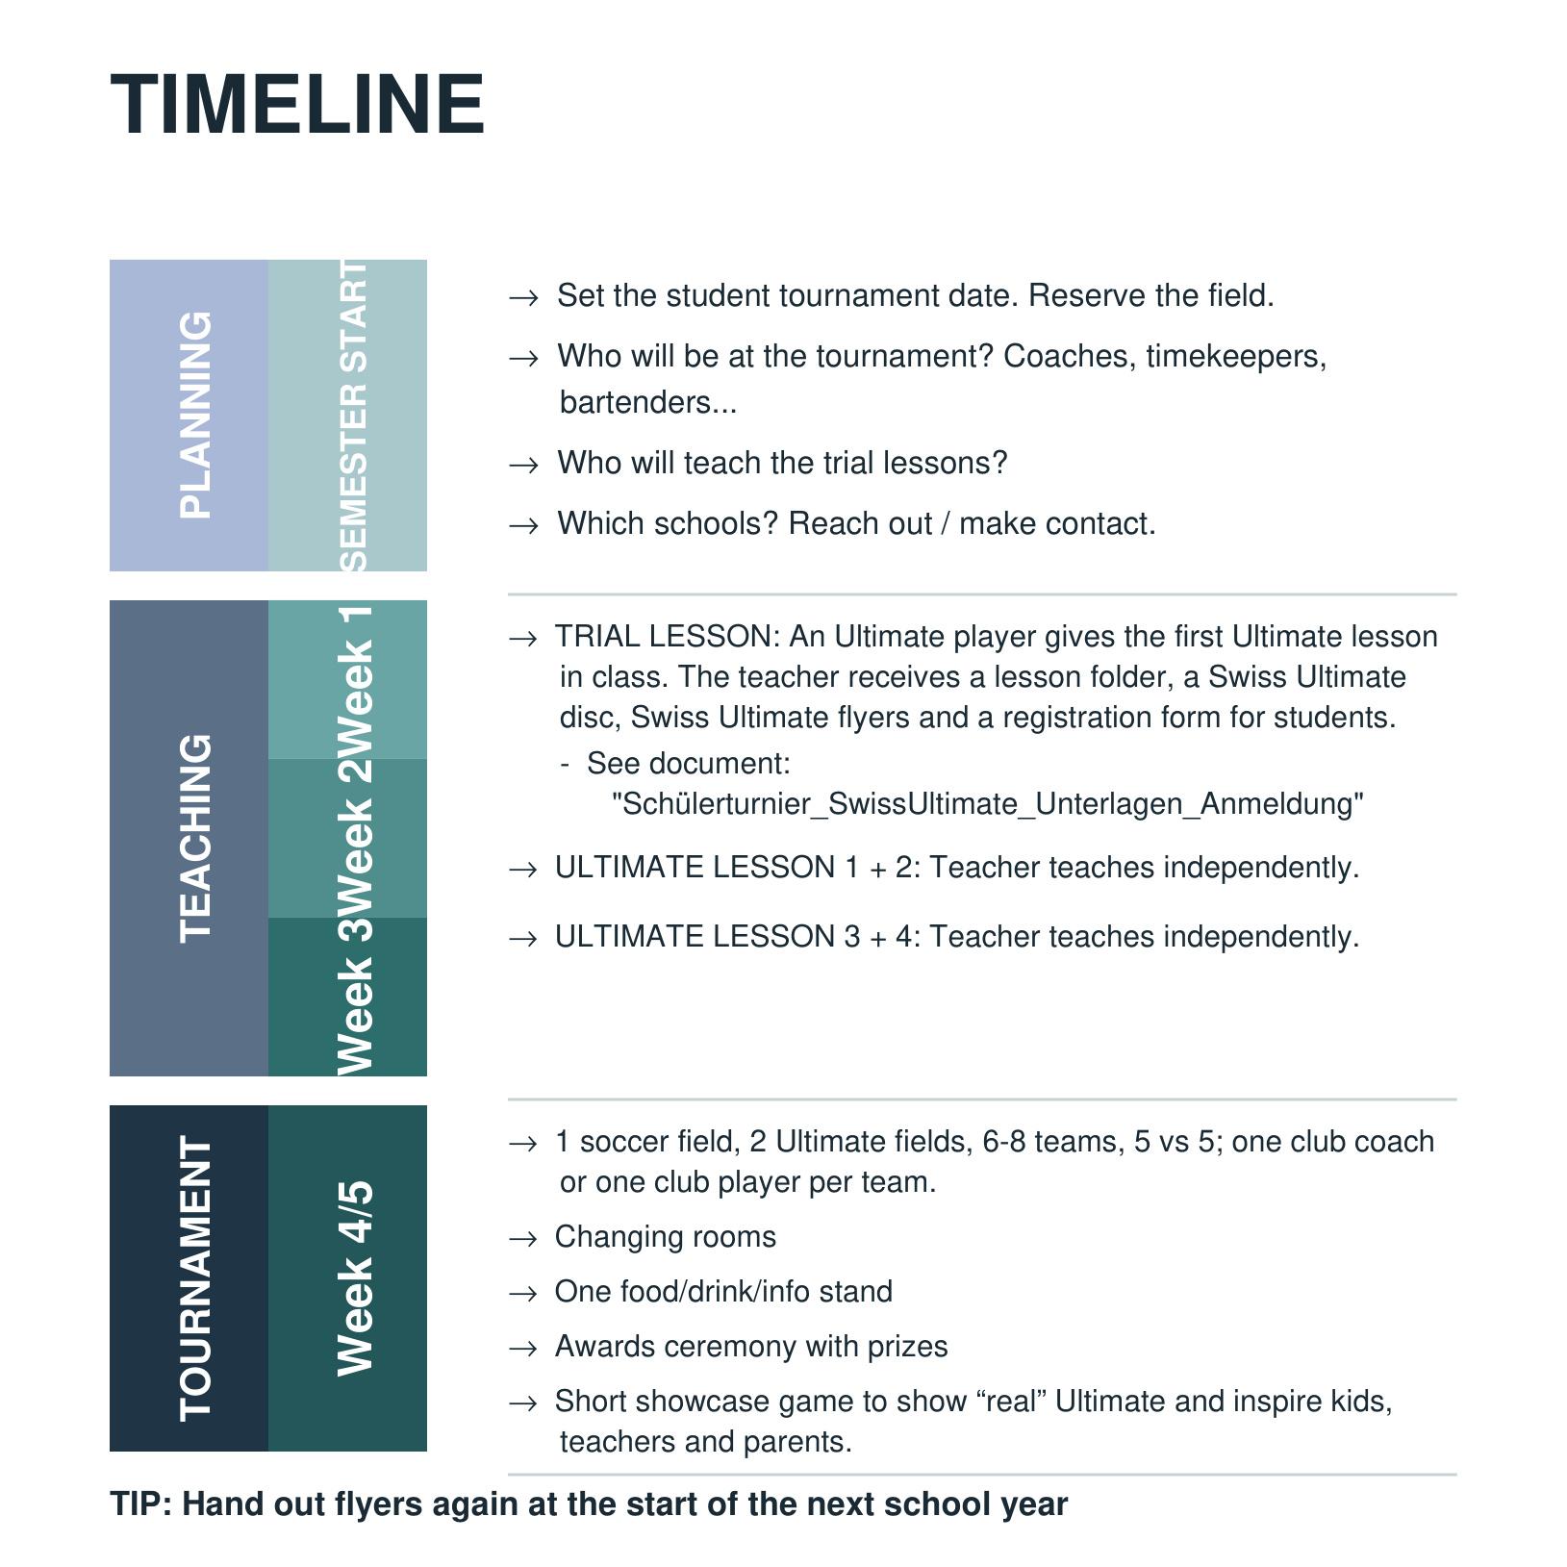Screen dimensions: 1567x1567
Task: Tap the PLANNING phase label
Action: pyautogui.click(x=196, y=415)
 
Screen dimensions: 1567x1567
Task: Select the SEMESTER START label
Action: pyautogui.click(x=354, y=415)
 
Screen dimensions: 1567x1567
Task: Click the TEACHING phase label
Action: pyautogui.click(x=196, y=838)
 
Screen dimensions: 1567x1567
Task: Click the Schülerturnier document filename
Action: pyautogui.click(x=988, y=804)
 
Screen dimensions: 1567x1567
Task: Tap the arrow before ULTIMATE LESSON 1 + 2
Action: pyautogui.click(x=522, y=870)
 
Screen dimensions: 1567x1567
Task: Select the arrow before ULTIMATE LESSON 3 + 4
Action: pyautogui.click(x=522, y=939)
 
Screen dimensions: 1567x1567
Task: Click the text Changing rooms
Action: pyautogui.click(x=665, y=1237)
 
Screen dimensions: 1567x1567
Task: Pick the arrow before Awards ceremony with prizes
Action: pyautogui.click(x=522, y=1349)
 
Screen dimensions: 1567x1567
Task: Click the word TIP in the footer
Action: pyautogui.click(x=139, y=1504)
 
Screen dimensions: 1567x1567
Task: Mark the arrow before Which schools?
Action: pyautogui.click(x=523, y=526)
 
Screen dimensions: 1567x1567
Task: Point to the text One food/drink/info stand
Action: pyautogui.click(x=723, y=1292)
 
